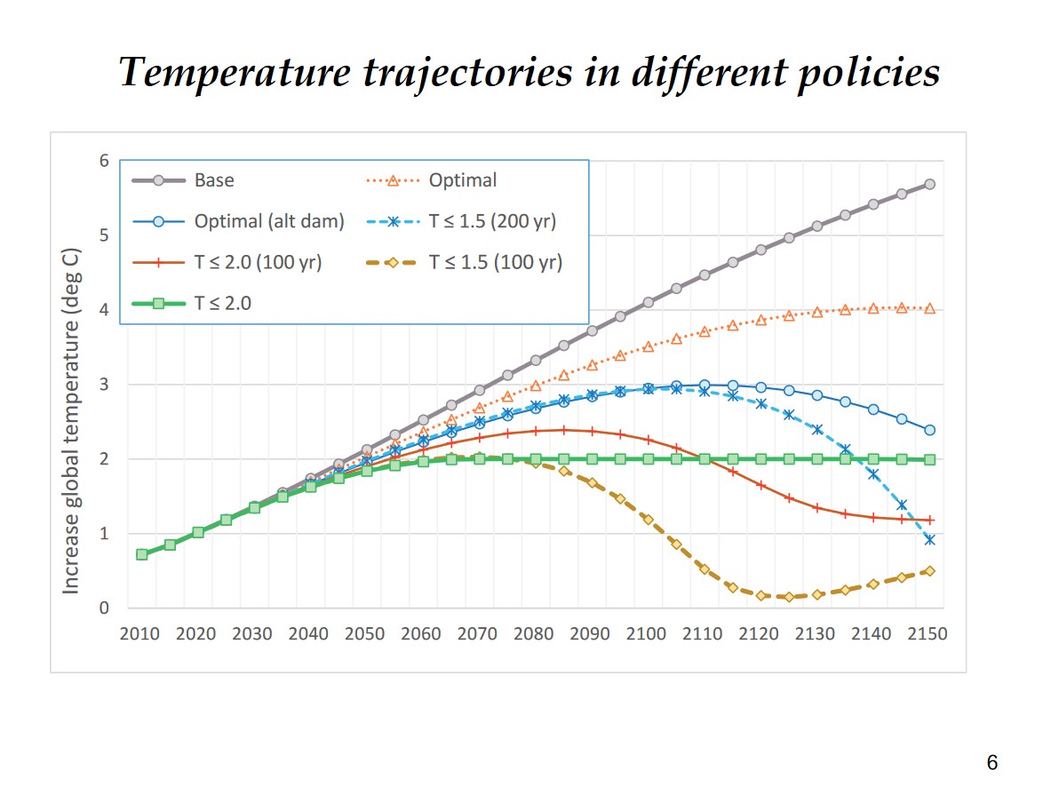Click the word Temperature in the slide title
(x=234, y=72)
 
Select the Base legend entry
(x=214, y=180)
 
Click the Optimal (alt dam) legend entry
(x=268, y=221)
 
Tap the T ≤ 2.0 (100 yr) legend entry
(x=258, y=262)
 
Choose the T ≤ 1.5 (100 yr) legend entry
(x=495, y=262)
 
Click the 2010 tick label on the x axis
(x=139, y=633)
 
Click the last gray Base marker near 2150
(x=929, y=184)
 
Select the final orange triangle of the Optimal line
(x=929, y=308)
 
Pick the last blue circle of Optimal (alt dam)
(x=929, y=430)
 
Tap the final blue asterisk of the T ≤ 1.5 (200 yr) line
(x=929, y=539)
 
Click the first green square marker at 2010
(x=141, y=554)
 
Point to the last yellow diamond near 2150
(x=929, y=571)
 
